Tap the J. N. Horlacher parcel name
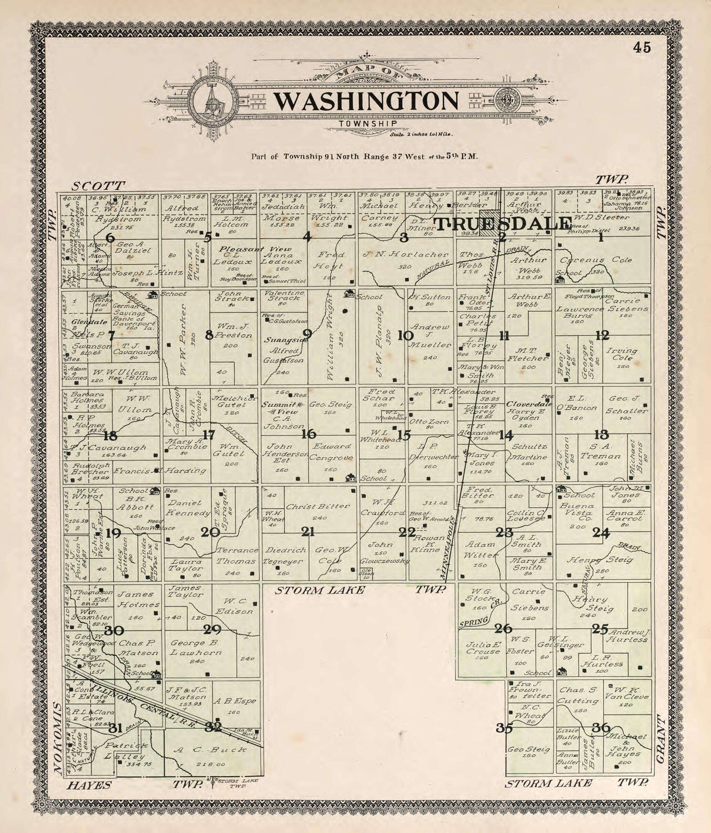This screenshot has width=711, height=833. coord(405,254)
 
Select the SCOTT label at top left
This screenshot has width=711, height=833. coord(98,186)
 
